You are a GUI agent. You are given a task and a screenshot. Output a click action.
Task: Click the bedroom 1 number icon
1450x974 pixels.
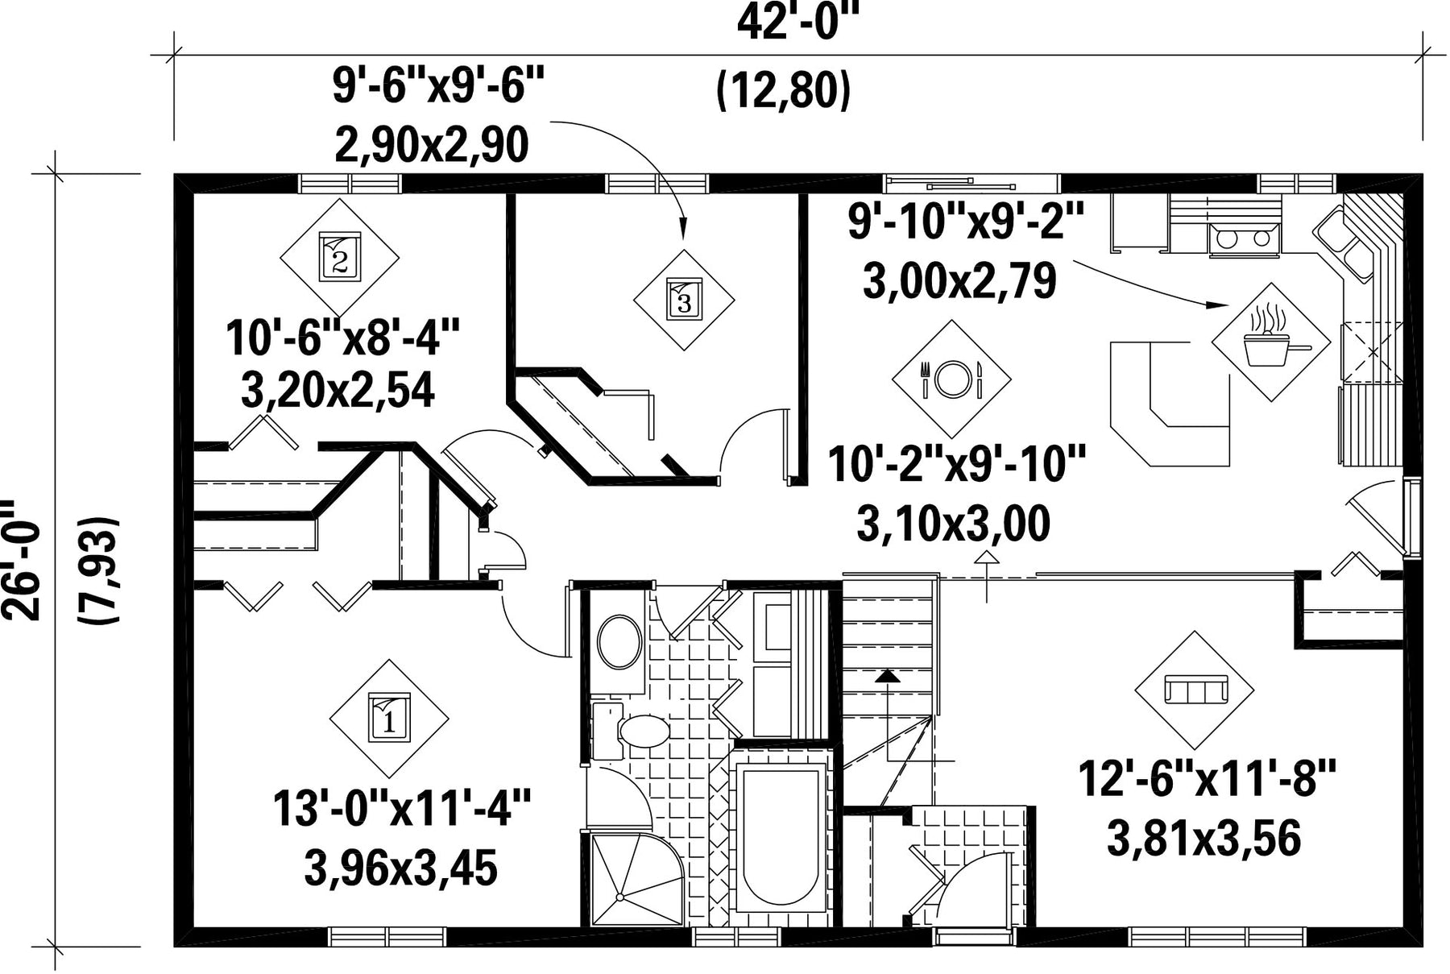pos(389,718)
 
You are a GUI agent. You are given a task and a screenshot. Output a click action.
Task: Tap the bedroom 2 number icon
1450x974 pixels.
pos(339,257)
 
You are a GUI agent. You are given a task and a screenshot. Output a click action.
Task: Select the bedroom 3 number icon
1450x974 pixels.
pos(684,300)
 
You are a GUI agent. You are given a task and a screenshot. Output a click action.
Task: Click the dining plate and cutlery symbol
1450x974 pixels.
pos(951,379)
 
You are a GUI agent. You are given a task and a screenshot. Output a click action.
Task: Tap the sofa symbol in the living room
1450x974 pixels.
pos(1195,690)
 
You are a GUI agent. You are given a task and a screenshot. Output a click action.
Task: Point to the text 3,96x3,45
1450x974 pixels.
pos(400,868)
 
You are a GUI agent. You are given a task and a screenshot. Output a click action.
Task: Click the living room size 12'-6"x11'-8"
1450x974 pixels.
pos(1207,781)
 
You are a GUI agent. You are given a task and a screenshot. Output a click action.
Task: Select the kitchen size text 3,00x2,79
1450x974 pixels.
pos(959,282)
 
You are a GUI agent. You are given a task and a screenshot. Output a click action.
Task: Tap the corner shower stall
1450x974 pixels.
pos(636,879)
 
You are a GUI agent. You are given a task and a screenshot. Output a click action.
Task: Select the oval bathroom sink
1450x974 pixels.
pos(619,642)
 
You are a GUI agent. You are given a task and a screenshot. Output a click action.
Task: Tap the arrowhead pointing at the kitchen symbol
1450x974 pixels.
pos(1216,305)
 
